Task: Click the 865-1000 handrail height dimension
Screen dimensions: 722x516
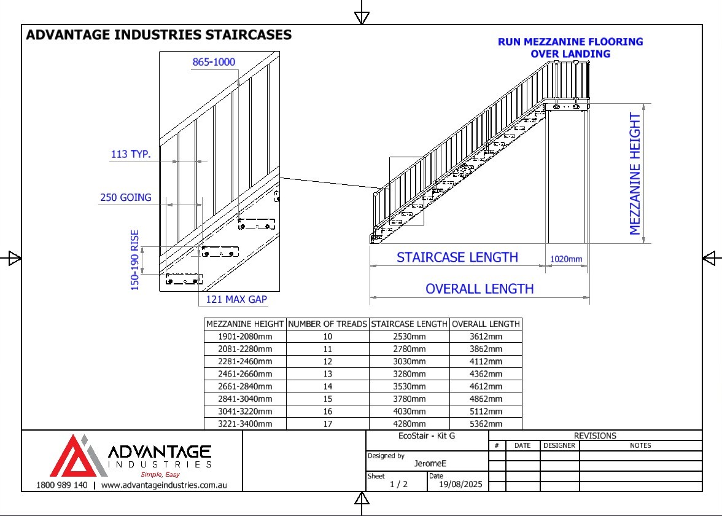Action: tap(214, 61)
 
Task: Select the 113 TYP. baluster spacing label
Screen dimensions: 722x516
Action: tap(131, 154)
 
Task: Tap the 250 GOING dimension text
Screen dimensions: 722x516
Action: tap(126, 197)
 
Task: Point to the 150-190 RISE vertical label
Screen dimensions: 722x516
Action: tap(134, 260)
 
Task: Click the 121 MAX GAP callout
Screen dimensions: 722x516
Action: tap(236, 300)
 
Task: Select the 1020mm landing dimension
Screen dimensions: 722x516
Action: tap(566, 259)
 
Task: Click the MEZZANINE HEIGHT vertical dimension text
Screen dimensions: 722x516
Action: tap(635, 174)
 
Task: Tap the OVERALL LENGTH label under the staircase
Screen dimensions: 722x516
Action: tap(479, 289)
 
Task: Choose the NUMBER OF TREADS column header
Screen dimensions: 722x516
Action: tap(327, 324)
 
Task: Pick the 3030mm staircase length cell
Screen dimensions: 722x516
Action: tap(410, 361)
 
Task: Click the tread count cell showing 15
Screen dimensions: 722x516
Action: tap(327, 399)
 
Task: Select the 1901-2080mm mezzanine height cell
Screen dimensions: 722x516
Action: tap(245, 337)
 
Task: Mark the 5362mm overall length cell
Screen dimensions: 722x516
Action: tap(486, 423)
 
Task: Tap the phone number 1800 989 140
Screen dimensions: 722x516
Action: tap(61, 485)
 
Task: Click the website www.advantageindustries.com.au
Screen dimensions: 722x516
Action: tap(164, 485)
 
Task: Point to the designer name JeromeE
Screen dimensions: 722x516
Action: tap(430, 463)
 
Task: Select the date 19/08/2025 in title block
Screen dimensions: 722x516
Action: tap(460, 484)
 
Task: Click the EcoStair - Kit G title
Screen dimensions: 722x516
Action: tap(427, 436)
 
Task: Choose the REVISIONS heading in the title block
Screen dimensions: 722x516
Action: tap(595, 436)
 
